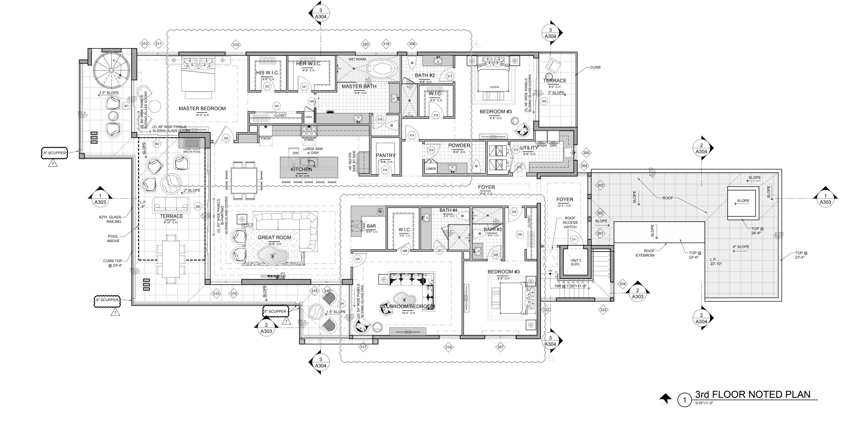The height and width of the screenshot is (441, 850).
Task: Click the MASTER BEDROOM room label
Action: coord(202,108)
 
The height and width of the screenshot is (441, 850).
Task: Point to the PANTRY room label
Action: coord(385,155)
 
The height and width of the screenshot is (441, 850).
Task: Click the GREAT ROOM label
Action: coord(274,237)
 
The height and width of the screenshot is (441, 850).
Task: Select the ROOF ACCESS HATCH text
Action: coord(570,222)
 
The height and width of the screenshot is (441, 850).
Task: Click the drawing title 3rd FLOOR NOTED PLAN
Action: coord(753,394)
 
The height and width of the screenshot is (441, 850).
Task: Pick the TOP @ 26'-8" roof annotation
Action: coord(757,231)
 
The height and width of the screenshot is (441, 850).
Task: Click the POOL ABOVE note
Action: coord(113,239)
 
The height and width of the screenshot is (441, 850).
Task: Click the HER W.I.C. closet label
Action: coord(308,64)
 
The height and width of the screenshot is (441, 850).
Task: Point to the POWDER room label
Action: coord(459,145)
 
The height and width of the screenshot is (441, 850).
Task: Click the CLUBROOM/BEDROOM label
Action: coord(407,306)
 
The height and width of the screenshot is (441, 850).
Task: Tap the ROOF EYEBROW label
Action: coord(645,253)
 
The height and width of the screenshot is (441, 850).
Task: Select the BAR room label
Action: coord(371,226)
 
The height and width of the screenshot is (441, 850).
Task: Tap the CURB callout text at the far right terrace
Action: coord(595,67)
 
